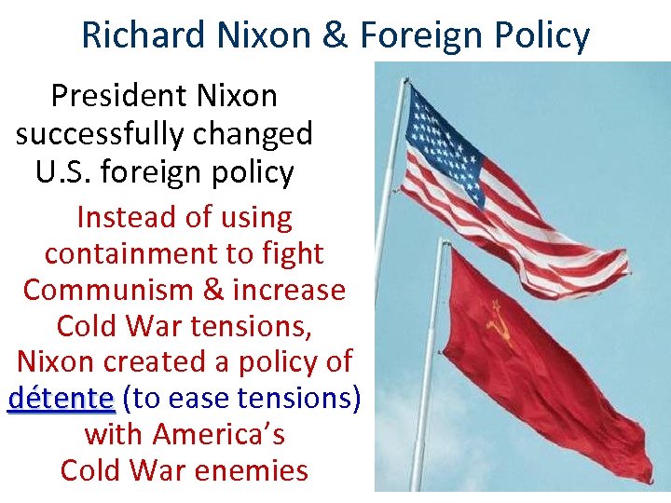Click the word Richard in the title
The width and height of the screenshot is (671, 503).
coord(143,35)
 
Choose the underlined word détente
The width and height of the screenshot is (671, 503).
coord(61,399)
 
